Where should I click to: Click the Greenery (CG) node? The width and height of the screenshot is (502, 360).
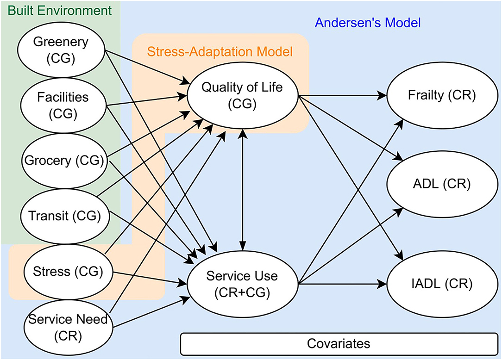[x=61, y=50]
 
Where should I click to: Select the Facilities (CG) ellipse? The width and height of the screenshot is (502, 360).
[x=63, y=106]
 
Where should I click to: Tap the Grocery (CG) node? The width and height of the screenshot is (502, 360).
[x=64, y=161]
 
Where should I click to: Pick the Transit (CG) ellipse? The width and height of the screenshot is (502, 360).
[x=65, y=216]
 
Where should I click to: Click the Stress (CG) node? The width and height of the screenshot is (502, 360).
[x=68, y=272]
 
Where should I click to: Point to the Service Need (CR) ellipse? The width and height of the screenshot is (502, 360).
[x=68, y=327]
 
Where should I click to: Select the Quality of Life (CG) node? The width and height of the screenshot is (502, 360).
[x=242, y=95]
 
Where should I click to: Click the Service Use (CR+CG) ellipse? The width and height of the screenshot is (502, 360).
[x=242, y=284]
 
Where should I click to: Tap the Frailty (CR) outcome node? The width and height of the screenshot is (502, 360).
[x=442, y=95]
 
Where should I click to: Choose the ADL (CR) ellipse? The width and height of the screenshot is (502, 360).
[x=442, y=184]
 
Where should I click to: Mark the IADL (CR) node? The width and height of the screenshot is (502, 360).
[x=442, y=284]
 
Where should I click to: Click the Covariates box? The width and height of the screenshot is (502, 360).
[x=339, y=344]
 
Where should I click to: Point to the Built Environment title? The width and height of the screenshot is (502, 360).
[x=60, y=11]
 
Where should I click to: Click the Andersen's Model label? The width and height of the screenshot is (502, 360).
[x=368, y=23]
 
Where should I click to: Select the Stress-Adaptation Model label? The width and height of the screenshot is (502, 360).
[x=220, y=51]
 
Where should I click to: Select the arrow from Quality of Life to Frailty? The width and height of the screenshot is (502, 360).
[x=343, y=95]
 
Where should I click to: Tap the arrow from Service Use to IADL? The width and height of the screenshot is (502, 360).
[x=343, y=284]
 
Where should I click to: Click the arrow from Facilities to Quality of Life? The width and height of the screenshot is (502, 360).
[x=146, y=100]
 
